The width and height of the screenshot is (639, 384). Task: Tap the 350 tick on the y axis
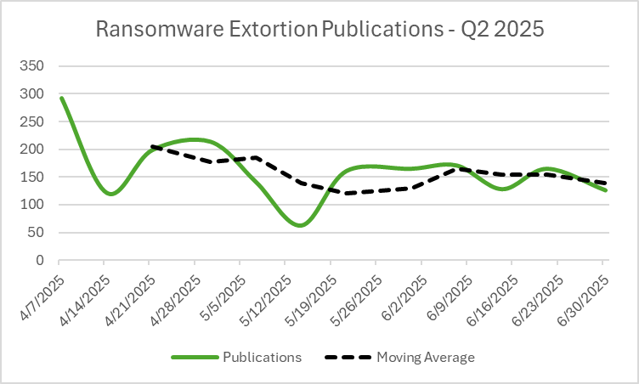point(36,66)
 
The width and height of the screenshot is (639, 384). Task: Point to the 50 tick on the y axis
point(39,233)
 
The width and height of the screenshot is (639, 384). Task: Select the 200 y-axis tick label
point(36,150)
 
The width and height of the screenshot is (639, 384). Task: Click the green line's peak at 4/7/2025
point(60,98)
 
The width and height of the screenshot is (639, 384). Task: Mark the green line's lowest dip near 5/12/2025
point(300,225)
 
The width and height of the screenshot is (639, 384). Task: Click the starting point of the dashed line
point(150,146)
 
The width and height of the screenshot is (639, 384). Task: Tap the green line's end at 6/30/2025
point(605,190)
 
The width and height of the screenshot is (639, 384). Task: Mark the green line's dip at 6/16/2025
point(508,189)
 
